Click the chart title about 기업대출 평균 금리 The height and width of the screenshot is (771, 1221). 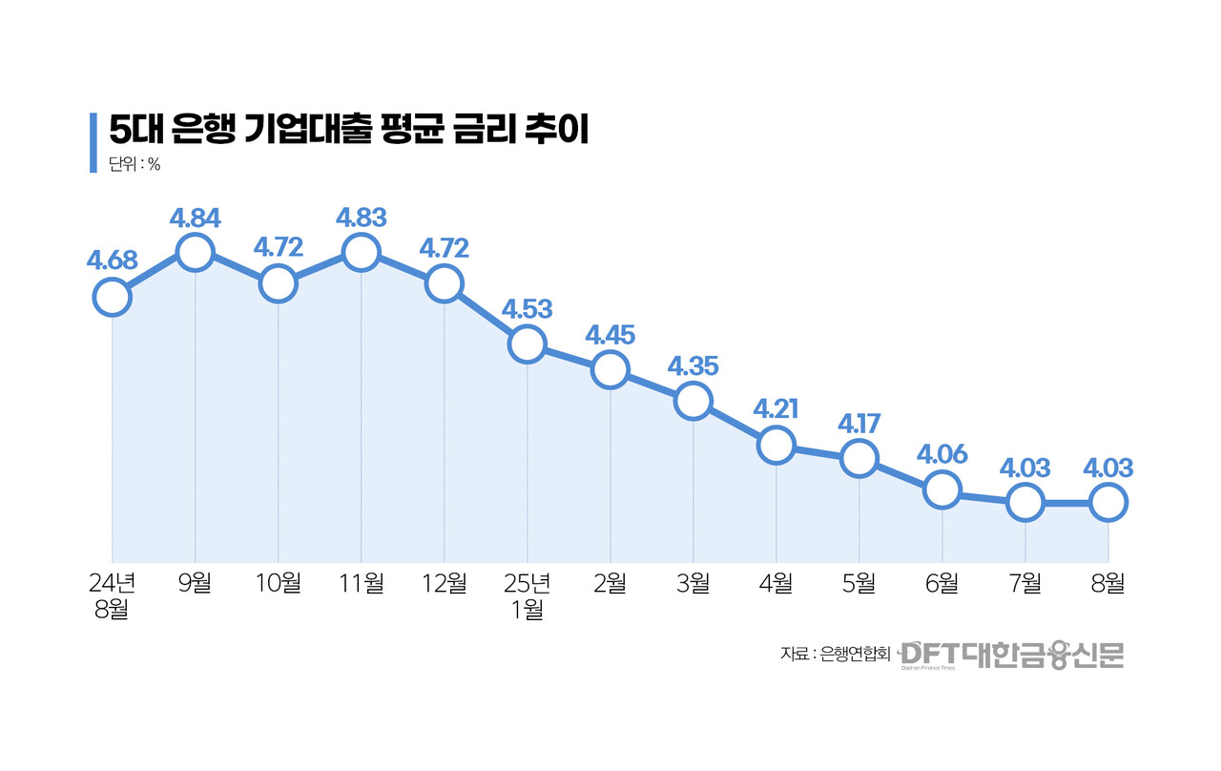(x=347, y=130)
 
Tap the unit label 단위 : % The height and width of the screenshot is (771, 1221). (x=135, y=163)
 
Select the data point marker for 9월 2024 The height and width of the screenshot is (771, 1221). (x=195, y=253)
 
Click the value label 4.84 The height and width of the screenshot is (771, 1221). (x=195, y=218)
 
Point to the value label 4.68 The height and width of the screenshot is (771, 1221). (x=112, y=260)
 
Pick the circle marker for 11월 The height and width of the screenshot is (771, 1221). (x=362, y=253)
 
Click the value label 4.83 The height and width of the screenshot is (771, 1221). (x=362, y=217)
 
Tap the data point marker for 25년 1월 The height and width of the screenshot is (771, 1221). (x=528, y=344)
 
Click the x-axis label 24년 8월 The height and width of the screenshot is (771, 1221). (x=112, y=595)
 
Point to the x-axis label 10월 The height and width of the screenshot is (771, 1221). (x=278, y=582)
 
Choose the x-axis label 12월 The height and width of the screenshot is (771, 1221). (x=445, y=582)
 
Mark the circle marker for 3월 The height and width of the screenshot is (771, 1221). (x=693, y=401)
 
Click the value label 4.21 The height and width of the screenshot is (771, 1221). (x=776, y=409)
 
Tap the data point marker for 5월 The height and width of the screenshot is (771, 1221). (x=859, y=458)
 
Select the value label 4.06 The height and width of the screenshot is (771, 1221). (x=942, y=453)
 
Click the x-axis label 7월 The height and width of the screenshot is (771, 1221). (x=1025, y=582)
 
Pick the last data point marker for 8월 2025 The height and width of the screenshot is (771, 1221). (x=1108, y=501)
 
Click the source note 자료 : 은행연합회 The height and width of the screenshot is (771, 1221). (x=835, y=655)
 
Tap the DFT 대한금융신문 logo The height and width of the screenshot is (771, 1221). (x=1012, y=655)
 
